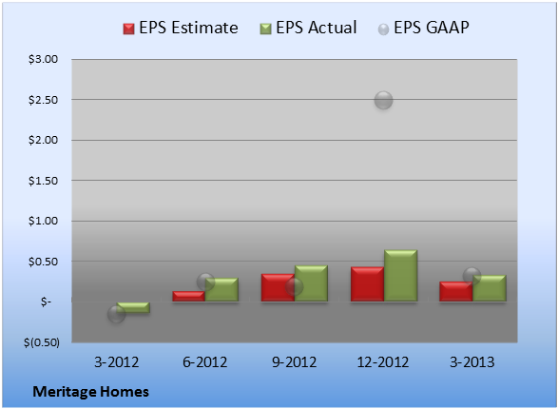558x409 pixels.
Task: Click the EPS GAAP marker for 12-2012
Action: (383, 100)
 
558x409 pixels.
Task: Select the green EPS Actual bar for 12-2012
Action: (401, 276)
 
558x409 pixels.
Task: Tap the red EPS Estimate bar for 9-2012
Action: (278, 287)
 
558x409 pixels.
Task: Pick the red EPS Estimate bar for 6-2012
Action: (188, 296)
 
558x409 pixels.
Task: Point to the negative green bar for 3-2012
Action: (133, 307)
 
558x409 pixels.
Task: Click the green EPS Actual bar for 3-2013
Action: (490, 288)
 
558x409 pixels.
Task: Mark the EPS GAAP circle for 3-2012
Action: (116, 314)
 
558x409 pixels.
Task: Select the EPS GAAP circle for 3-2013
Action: (471, 276)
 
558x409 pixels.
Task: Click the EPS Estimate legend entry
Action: (181, 28)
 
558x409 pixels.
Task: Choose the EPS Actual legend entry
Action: (308, 28)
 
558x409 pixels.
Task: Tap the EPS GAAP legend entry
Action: (423, 28)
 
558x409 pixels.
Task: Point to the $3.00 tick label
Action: (43, 59)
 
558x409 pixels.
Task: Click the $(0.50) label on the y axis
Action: (42, 342)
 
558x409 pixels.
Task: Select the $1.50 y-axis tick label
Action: (43, 181)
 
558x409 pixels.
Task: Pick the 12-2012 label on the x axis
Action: (383, 362)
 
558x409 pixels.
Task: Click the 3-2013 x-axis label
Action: (471, 362)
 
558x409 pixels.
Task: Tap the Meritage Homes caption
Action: (90, 392)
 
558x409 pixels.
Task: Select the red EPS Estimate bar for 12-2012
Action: (367, 284)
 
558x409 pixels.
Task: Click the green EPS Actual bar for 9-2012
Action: (311, 283)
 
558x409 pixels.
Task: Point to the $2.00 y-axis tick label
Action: (43, 140)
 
